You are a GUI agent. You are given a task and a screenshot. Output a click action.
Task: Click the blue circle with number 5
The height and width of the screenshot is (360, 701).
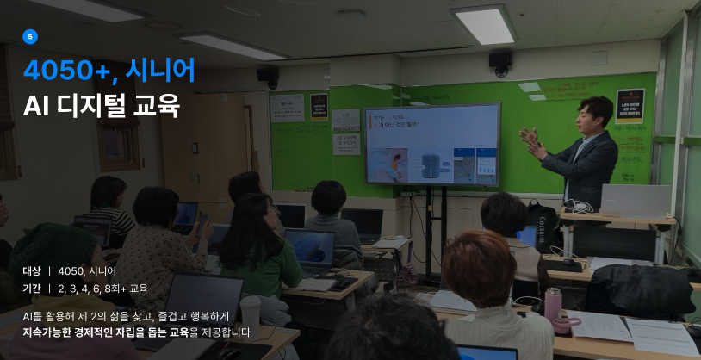coord(30,37)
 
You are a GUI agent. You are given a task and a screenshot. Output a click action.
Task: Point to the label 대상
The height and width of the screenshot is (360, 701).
coord(31,271)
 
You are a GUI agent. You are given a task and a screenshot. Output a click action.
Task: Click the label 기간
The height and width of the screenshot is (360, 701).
coord(31,289)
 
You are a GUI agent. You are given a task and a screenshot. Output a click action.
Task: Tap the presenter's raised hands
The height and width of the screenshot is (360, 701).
coord(531,142)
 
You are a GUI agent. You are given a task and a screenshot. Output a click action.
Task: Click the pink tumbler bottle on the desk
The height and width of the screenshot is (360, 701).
coord(553,306)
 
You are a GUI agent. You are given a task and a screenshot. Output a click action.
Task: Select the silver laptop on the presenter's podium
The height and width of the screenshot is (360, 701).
coord(635,202)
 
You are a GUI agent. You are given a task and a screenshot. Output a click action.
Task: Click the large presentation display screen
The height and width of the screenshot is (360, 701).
coord(431,144)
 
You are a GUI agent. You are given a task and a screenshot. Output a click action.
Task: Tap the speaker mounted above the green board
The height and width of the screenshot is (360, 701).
coord(500,62)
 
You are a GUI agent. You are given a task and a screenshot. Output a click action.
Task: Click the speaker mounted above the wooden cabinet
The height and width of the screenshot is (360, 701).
coord(268,77)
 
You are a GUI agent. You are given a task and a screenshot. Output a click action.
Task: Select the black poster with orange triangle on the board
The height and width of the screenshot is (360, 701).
coord(630,106)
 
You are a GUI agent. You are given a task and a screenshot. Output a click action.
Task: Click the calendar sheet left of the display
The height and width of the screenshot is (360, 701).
coord(345,121)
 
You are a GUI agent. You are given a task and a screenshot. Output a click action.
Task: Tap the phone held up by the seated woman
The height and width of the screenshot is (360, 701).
coord(202,224)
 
